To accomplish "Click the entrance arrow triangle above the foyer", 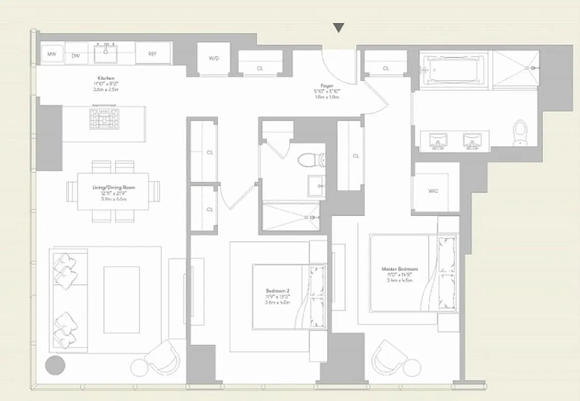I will pyautogui.click(x=339, y=28).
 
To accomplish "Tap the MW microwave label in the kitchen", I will pyautogui.click(x=51, y=54).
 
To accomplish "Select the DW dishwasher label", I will pyautogui.click(x=76, y=56).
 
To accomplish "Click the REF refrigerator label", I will pyautogui.click(x=153, y=54).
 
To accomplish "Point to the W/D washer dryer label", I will pyautogui.click(x=213, y=59).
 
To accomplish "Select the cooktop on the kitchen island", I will pyautogui.click(x=104, y=118).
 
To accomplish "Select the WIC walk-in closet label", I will pyautogui.click(x=433, y=191).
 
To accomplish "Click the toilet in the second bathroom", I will pyautogui.click(x=307, y=160).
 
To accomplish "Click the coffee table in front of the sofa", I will pyautogui.click(x=122, y=299).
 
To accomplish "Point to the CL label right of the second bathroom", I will pyautogui.click(x=356, y=156).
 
